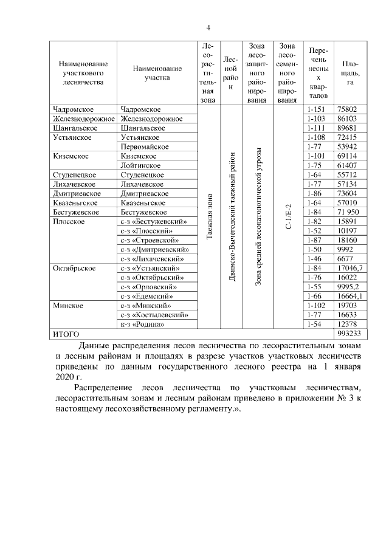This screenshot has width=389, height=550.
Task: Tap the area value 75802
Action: pyautogui.click(x=346, y=109)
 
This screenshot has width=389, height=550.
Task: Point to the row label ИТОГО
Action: pyautogui.click(x=67, y=334)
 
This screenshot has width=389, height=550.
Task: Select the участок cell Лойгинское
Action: pyautogui.click(x=140, y=165)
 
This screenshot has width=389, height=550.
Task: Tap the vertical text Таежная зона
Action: pyautogui.click(x=209, y=216)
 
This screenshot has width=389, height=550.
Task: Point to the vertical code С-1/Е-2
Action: pyautogui.click(x=288, y=216)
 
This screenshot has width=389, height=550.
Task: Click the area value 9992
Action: pyautogui.click(x=345, y=249)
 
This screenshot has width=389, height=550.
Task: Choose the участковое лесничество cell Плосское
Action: pyautogui.click(x=68, y=221)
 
